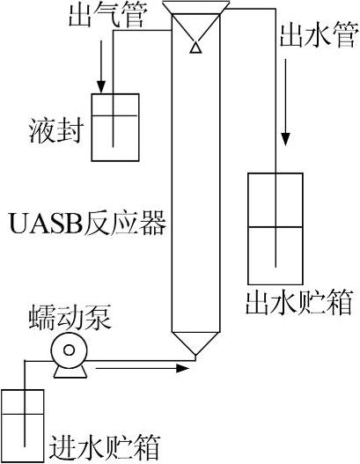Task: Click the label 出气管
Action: click(x=103, y=18)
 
